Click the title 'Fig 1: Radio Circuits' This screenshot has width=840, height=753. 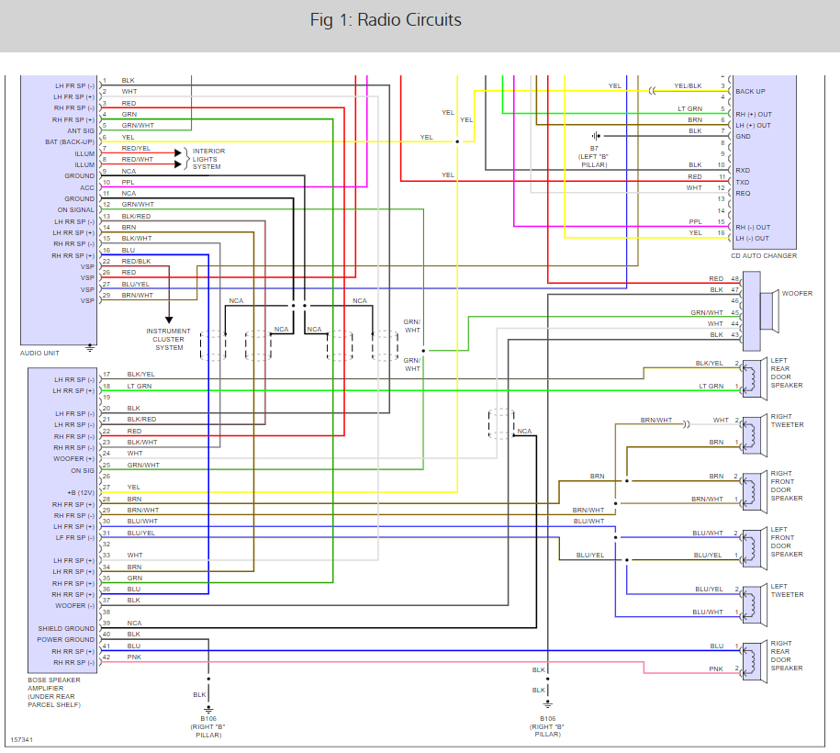coord(386,20)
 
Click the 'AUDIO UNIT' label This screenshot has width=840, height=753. coord(41,353)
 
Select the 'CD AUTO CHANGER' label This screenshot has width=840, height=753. coord(764,255)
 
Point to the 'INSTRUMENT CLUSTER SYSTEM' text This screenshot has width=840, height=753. coord(168,339)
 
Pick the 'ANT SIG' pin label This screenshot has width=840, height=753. coord(79,130)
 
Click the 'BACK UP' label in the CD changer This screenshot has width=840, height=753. coord(751,92)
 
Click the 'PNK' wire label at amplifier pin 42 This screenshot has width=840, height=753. coord(133,657)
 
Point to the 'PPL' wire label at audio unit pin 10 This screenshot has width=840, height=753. coord(129,183)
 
